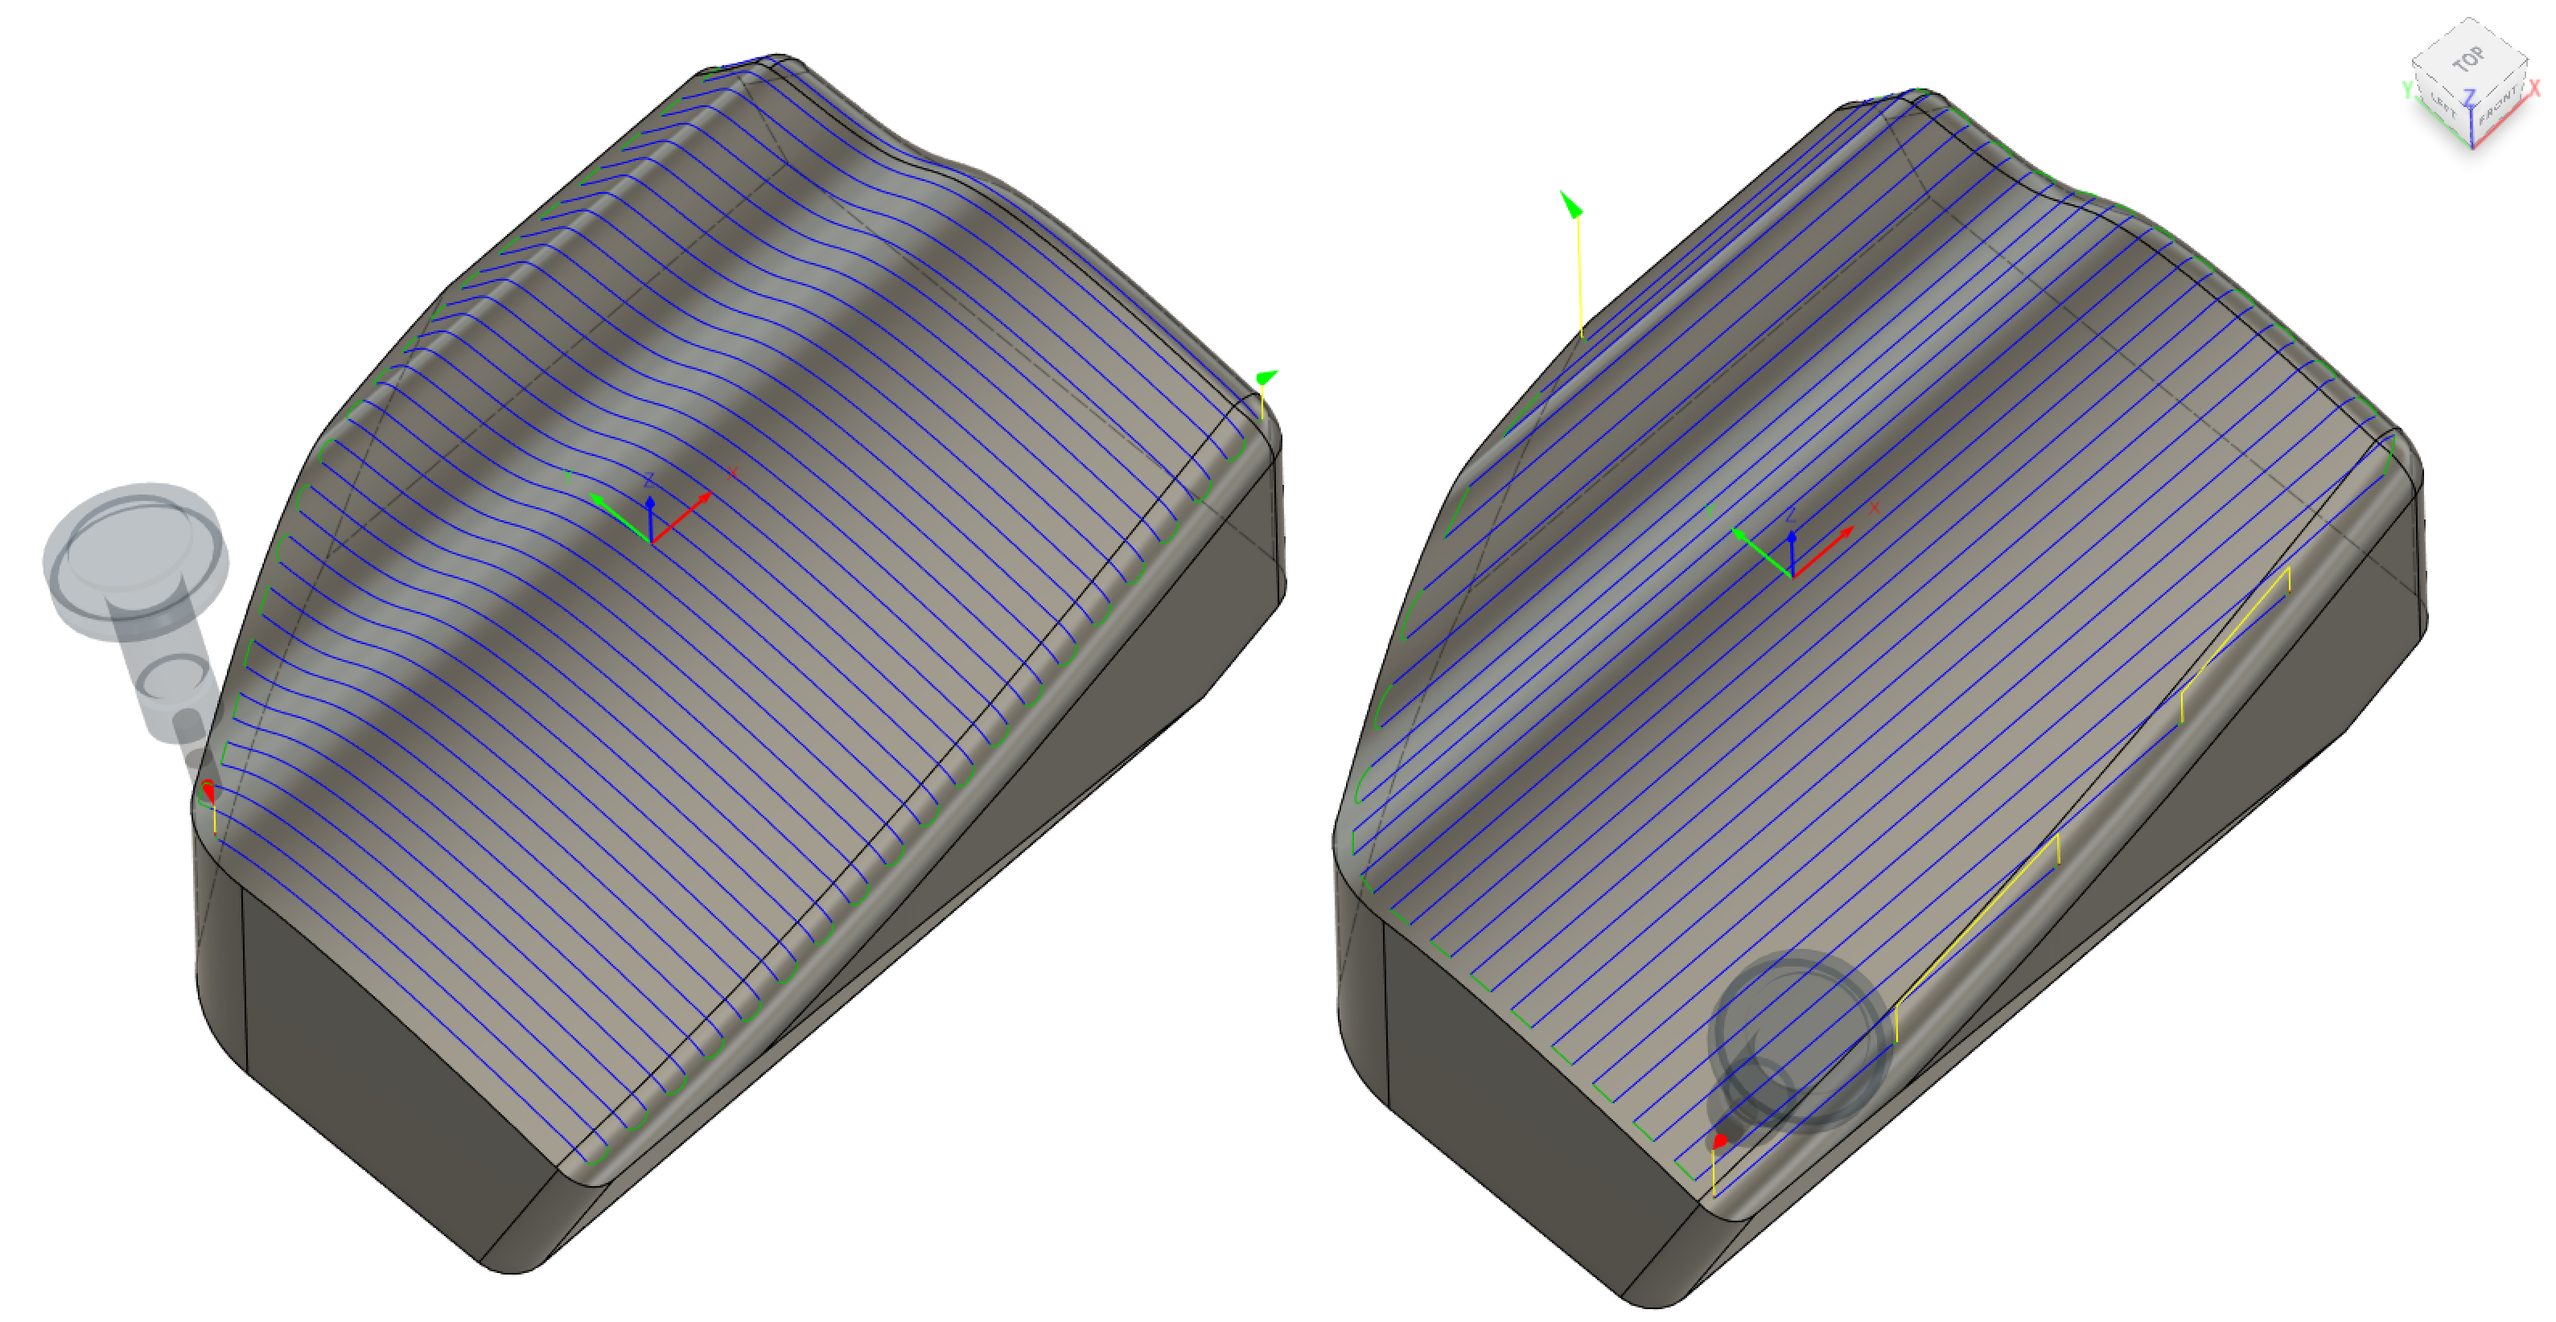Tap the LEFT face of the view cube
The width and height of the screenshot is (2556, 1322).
[x=2442, y=103]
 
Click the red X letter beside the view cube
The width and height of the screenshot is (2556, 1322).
[x=2535, y=88]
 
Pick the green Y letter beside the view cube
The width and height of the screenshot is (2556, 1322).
[x=2406, y=90]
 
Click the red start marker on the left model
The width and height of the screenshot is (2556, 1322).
[x=208, y=790]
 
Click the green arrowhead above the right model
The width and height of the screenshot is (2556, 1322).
[x=1570, y=204]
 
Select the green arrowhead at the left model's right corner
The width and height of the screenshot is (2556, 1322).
[x=1266, y=378]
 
